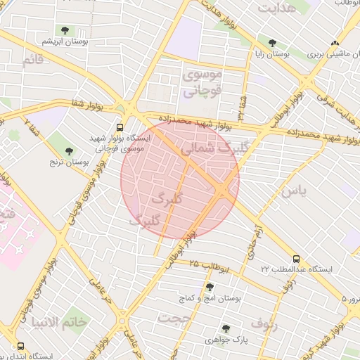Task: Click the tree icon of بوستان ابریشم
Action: click(x=65, y=30)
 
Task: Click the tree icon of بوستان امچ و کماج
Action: click(x=210, y=286)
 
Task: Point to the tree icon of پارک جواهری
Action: click(x=226, y=328)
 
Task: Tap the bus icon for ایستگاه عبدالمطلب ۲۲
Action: click(x=296, y=259)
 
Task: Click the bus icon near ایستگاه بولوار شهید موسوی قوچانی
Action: click(x=120, y=128)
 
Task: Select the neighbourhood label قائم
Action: click(x=33, y=61)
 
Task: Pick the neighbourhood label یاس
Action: click(x=294, y=191)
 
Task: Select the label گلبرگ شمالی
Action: click(x=210, y=148)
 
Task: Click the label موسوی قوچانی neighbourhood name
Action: click(x=202, y=82)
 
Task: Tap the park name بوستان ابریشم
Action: click(x=64, y=42)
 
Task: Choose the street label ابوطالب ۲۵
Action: click(x=210, y=265)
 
